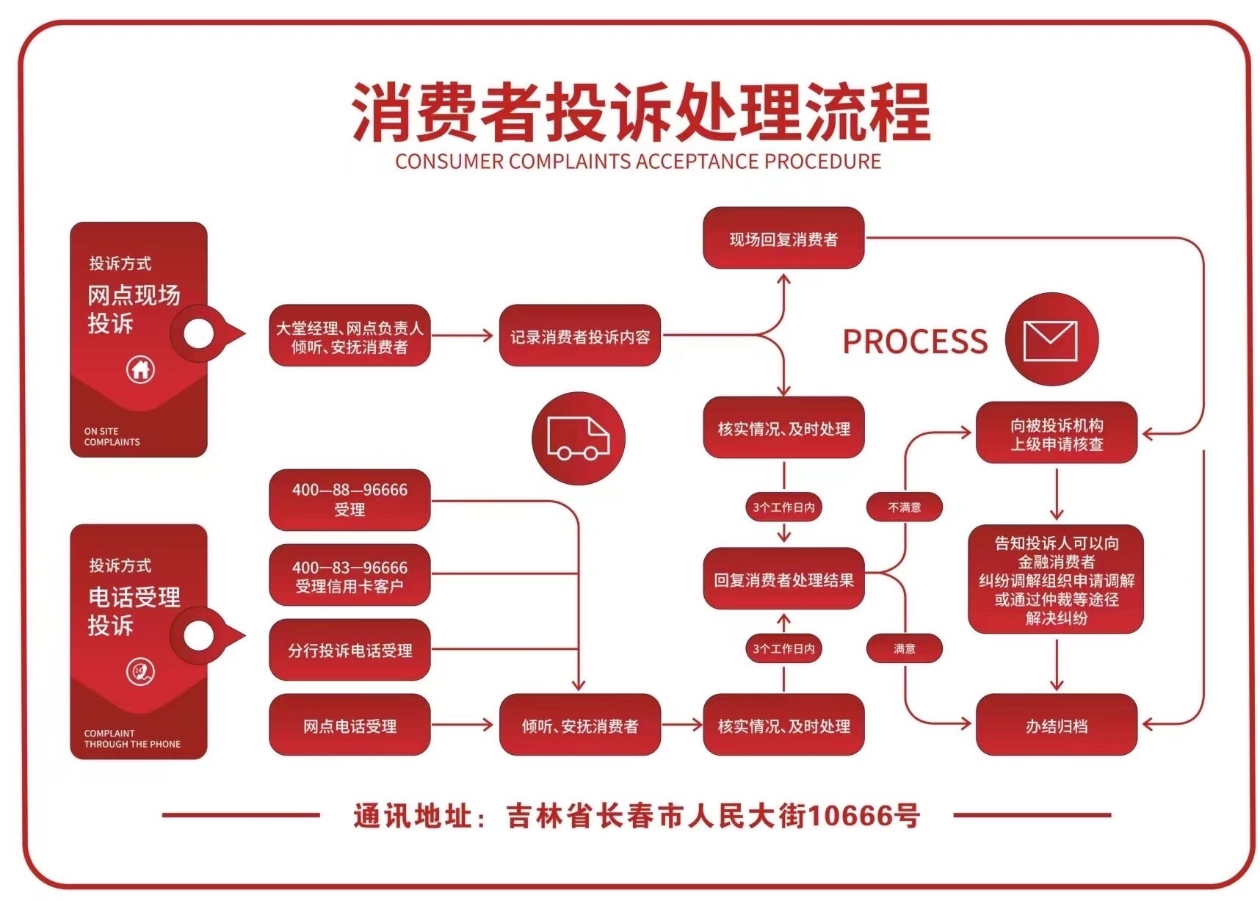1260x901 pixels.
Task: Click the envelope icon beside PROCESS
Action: point(1051,340)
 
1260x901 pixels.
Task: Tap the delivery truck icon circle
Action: point(579,438)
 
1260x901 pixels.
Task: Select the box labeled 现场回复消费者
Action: point(783,239)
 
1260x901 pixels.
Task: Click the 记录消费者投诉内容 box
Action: point(580,336)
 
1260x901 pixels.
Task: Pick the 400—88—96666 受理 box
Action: point(350,499)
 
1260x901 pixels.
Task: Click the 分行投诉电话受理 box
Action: point(350,650)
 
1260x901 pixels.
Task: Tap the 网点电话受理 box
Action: point(350,725)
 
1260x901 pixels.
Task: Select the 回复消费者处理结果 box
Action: point(783,579)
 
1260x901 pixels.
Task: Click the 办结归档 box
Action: point(1057,725)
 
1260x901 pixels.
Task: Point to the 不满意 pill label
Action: point(905,507)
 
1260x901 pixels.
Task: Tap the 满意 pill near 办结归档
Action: point(905,648)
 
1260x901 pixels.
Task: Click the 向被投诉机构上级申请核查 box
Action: point(1057,433)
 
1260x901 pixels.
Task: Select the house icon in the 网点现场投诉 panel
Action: point(140,369)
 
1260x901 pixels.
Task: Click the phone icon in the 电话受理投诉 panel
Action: point(140,671)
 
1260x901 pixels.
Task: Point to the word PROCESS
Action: point(915,341)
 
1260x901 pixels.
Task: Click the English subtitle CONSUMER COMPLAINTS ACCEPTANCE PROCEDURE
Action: point(638,162)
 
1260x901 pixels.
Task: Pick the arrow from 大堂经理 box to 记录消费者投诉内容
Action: point(463,336)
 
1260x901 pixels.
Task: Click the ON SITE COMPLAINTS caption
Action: point(112,436)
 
